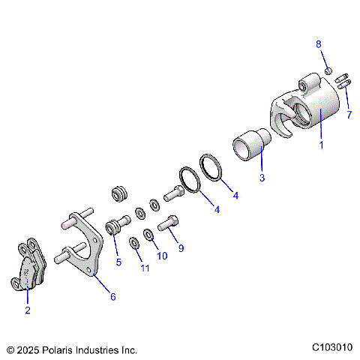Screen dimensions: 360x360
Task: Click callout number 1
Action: pyautogui.click(x=322, y=145)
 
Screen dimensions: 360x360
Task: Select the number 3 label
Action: pyautogui.click(x=262, y=178)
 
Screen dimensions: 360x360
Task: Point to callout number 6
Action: pyautogui.click(x=113, y=296)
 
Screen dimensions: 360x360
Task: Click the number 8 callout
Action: pyautogui.click(x=318, y=44)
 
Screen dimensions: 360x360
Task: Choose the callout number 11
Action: pyautogui.click(x=144, y=268)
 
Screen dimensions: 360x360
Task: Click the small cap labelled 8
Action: pyautogui.click(x=328, y=70)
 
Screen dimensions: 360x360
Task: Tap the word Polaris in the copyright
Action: pyautogui.click(x=59, y=349)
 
